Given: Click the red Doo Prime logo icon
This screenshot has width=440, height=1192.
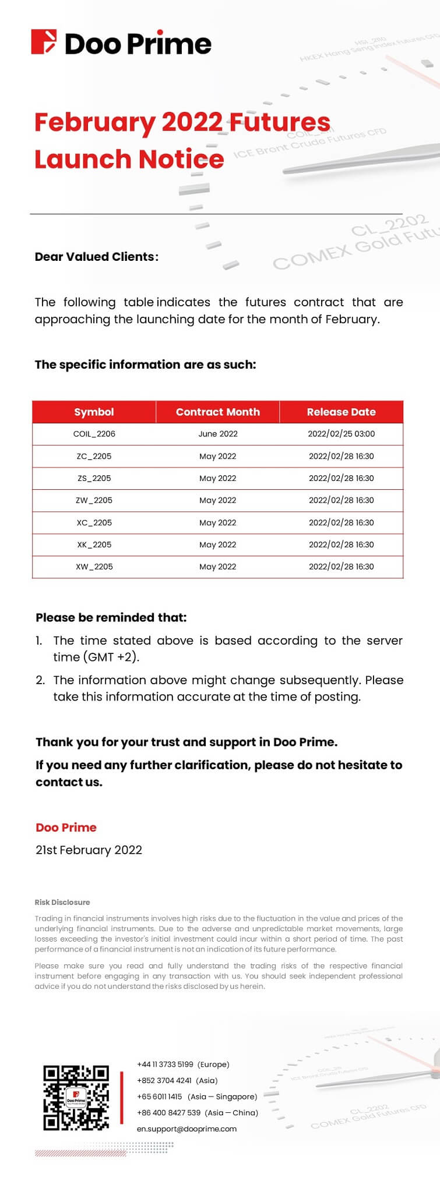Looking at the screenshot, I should coord(44,42).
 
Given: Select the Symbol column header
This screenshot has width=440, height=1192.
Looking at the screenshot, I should coord(94,412).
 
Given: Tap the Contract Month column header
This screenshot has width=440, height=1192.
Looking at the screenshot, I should coord(217,412).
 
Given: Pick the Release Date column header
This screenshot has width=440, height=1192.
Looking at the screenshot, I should coord(341,412).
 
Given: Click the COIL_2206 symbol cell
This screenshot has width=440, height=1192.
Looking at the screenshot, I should coord(94,434).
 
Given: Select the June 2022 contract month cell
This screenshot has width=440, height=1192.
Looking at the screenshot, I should coord(217,434).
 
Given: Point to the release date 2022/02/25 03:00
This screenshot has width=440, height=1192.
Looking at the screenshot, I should coord(341,434).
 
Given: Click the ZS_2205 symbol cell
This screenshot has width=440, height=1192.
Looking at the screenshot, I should coord(94,478).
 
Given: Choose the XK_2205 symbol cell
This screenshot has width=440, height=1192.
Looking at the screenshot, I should coord(94,544).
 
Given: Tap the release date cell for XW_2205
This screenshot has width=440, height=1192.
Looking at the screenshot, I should coord(341,567).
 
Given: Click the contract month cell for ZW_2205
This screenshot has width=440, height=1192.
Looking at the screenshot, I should coord(217,500).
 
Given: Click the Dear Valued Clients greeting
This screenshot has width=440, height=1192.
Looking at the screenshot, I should coord(96,257).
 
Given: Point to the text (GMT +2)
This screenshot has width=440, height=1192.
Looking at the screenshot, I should coord(111,657).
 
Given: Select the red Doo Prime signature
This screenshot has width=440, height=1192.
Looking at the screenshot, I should coord(66,827).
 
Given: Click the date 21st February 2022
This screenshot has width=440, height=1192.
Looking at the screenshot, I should coord(89,850).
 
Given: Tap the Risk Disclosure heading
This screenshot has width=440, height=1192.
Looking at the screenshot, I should coord(62,902).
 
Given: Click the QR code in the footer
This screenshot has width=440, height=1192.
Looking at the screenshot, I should coord(76,1098).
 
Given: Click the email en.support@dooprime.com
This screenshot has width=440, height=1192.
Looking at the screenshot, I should coord(186,1129).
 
